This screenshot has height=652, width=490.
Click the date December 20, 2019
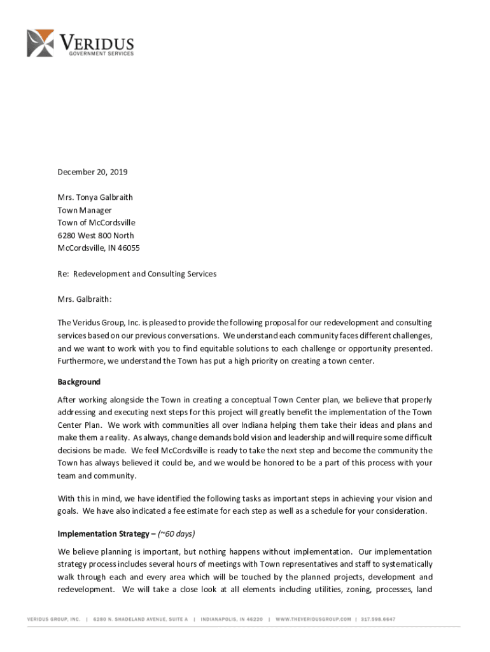tap(88, 172)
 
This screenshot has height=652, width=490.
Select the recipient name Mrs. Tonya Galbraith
tap(95, 197)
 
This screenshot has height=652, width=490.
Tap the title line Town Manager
tap(85, 210)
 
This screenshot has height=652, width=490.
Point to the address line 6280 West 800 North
tap(96, 236)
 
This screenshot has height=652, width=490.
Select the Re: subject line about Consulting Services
tap(137, 274)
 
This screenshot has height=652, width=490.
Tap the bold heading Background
tap(79, 382)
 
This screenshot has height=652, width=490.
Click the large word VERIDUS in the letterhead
tap(97, 42)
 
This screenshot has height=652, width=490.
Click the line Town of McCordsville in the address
tap(96, 223)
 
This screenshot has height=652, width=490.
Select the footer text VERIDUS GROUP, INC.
tap(53, 618)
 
